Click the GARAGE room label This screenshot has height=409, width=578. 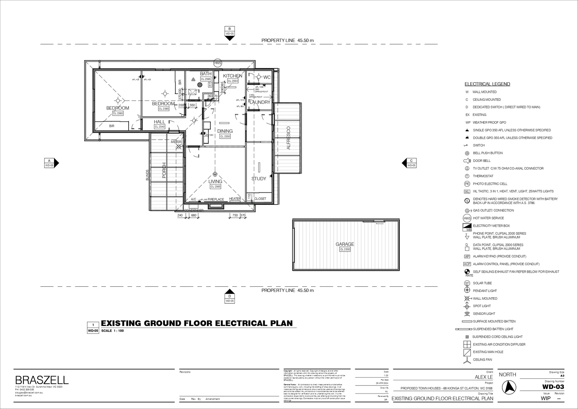pos(345,244)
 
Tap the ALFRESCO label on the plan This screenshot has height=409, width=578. pos(288,138)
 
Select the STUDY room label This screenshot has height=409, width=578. pos(259,179)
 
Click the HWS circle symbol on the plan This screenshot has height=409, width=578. pos(218,63)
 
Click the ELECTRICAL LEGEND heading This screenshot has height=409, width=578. pos(487,84)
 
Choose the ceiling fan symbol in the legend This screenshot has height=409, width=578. pos(467,360)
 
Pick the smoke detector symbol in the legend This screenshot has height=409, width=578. pos(467,201)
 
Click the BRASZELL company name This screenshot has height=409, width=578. pos(42,380)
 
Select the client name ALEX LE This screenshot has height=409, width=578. pos(484,377)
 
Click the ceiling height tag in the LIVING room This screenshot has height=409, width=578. pos(215,187)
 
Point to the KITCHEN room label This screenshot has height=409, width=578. pos(233,76)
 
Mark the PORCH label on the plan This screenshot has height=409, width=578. pos(164,170)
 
